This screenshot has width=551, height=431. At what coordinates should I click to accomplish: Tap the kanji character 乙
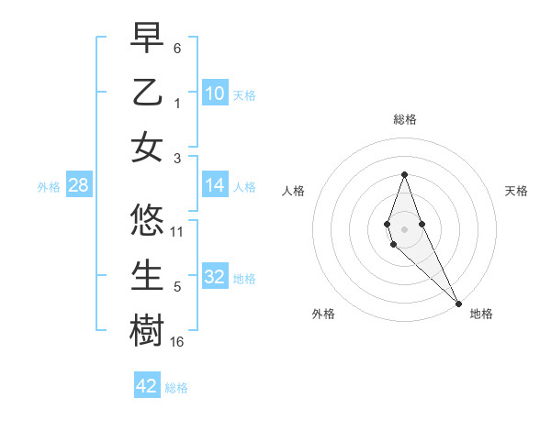coord(147,93)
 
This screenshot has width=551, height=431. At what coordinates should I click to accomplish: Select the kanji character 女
coord(147,149)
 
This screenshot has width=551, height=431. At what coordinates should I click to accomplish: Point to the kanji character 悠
coord(147,220)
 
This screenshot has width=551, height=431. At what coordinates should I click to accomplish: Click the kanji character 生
coord(147,276)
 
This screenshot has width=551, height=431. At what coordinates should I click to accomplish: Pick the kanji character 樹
coord(147,331)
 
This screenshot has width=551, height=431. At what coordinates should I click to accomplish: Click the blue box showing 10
coord(214,94)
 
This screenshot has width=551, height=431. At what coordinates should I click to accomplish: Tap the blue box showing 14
coord(214,186)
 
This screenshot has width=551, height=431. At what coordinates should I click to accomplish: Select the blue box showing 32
coord(214,278)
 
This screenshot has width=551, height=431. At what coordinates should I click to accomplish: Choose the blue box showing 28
coord(78,186)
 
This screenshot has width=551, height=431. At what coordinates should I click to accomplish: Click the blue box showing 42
coord(147,386)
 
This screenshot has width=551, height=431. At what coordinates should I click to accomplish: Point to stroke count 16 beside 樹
coord(177,342)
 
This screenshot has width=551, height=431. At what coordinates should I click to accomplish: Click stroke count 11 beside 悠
coord(177,231)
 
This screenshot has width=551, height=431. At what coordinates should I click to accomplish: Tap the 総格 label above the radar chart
coord(405,119)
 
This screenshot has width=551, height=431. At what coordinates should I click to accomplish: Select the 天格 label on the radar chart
coord(517,191)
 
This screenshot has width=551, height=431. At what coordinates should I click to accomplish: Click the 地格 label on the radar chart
coord(481,314)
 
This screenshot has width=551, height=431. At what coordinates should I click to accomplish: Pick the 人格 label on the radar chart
coord(293,191)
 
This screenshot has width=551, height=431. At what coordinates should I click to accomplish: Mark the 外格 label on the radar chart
coord(323,314)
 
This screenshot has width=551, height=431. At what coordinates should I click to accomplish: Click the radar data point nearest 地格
coord(457,303)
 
